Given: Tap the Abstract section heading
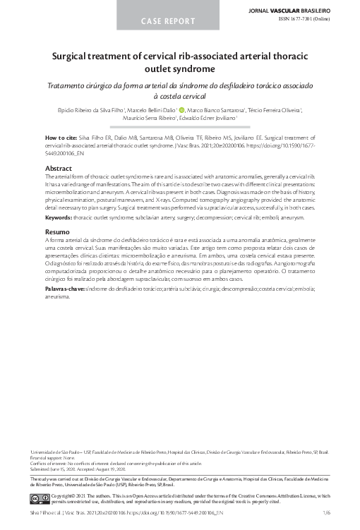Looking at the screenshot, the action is tap(59, 169).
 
